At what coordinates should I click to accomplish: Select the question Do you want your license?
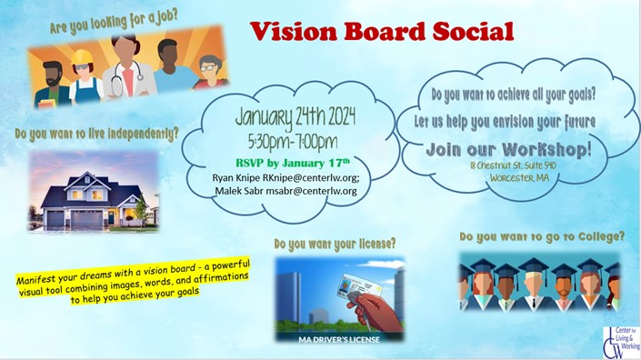[335, 244]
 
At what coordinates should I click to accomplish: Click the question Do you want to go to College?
[542, 236]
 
